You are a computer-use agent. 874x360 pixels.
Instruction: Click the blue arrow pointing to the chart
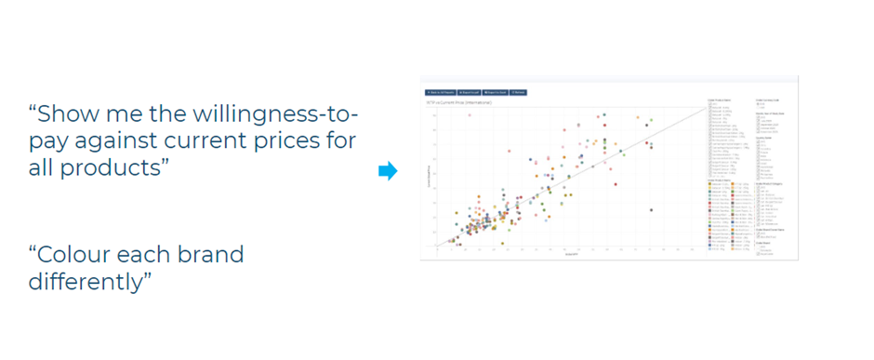(388, 170)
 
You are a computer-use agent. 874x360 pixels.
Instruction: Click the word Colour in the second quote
(77, 254)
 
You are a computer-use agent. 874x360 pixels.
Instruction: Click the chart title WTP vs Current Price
(458, 101)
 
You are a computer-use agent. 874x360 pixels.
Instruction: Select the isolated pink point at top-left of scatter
(470, 114)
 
